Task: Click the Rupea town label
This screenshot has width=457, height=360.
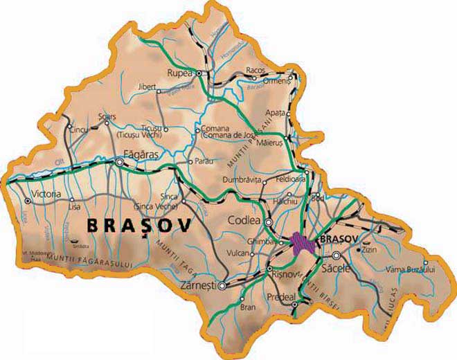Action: coord(179,71)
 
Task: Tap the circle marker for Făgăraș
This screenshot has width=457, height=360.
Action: coord(120,162)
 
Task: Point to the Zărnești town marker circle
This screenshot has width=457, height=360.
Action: coord(222,285)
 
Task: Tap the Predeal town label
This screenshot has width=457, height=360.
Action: coord(282,297)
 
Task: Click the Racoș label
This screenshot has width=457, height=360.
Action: coord(256,70)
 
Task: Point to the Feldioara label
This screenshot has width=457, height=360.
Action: coord(291,179)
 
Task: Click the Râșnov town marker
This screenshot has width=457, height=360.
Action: coord(269,269)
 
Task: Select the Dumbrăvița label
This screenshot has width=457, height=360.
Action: coord(242,179)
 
